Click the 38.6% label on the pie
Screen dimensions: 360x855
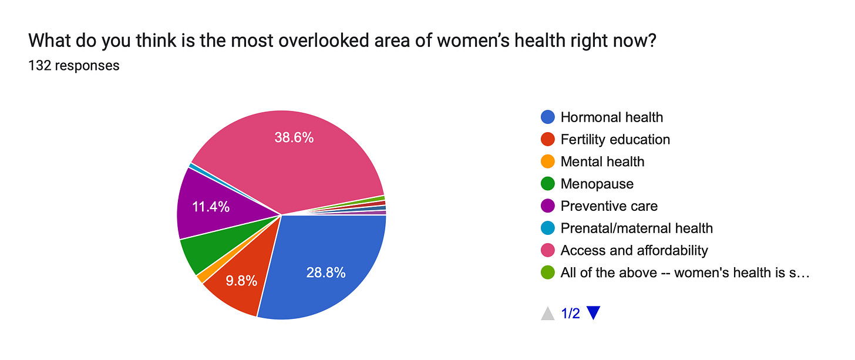294,137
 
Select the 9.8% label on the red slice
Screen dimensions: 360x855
241,281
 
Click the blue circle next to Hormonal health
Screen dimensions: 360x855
547,117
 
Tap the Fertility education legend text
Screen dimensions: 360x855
615,139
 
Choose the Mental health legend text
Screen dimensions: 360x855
602,162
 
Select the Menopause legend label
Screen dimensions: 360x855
597,184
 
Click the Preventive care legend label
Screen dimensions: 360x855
608,206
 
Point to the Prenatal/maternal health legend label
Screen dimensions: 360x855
636,228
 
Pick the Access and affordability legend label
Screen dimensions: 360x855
634,250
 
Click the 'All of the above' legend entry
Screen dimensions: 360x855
685,272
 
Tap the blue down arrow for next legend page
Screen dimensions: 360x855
593,314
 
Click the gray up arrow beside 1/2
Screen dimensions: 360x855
547,314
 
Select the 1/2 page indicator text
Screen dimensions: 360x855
570,314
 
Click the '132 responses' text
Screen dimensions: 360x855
73,65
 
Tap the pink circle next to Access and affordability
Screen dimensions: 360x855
547,250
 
